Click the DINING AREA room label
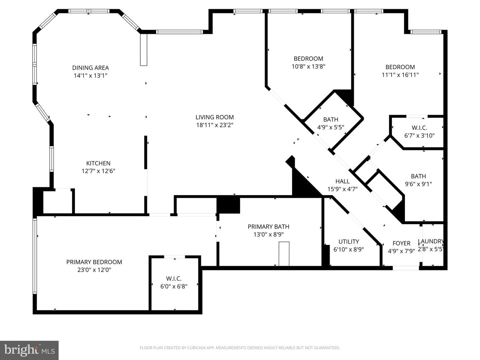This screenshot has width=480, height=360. point(91,68)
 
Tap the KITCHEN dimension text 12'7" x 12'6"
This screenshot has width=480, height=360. point(98,171)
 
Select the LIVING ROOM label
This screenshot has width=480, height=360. point(215,117)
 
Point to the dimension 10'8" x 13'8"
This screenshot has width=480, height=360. point(309,66)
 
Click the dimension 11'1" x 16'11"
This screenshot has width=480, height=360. point(400,75)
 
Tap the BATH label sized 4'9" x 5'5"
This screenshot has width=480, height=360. point(331,120)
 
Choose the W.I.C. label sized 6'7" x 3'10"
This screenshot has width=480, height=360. point(419,128)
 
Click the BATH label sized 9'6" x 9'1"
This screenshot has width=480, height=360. point(418,176)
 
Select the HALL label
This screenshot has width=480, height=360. point(342,181)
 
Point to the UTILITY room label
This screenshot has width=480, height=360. point(349,242)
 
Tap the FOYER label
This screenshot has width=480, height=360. point(401,243)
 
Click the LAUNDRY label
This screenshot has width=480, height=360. point(431,241)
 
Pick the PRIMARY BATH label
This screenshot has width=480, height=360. point(269,227)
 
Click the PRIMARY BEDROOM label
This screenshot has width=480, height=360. point(94,262)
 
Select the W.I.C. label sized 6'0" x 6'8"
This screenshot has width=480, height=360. point(174,279)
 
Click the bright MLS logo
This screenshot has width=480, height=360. point(29,350)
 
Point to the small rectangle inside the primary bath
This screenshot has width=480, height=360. point(284,254)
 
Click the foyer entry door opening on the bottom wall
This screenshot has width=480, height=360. point(406,268)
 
